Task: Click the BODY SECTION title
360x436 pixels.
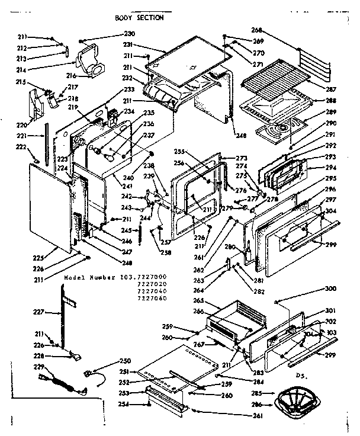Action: point(140,18)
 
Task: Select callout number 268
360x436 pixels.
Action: point(256,30)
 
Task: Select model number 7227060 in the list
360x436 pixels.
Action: point(152,299)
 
